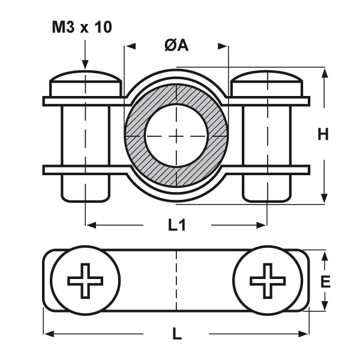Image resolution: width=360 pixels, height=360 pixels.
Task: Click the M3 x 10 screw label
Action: [81, 27]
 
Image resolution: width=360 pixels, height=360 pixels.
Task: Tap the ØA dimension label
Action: [176, 45]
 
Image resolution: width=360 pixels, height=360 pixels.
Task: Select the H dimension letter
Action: [323, 136]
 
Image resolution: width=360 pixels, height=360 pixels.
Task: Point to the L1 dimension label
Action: [176, 226]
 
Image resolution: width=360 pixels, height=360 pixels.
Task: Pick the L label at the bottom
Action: [176, 334]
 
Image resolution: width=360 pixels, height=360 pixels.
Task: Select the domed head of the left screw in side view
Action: [86, 81]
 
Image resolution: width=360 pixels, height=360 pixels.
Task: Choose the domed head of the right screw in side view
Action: [267, 81]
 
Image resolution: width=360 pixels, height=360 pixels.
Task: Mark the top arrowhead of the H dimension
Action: [325, 73]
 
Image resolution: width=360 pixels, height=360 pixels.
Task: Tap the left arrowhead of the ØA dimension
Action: [128, 46]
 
